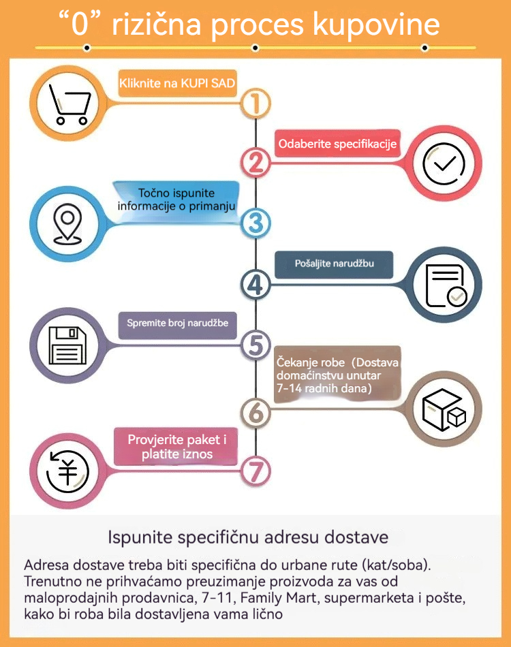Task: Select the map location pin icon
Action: tap(67, 222)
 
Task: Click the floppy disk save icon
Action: tap(68, 346)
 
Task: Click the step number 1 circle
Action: tap(256, 104)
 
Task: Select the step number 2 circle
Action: tap(256, 162)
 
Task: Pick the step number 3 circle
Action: tap(256, 223)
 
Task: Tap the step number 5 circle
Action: tap(256, 345)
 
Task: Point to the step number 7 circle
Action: tap(256, 471)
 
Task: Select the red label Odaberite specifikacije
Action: tap(337, 144)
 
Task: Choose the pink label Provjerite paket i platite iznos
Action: tap(177, 447)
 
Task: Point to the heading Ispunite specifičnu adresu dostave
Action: tap(248, 537)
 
